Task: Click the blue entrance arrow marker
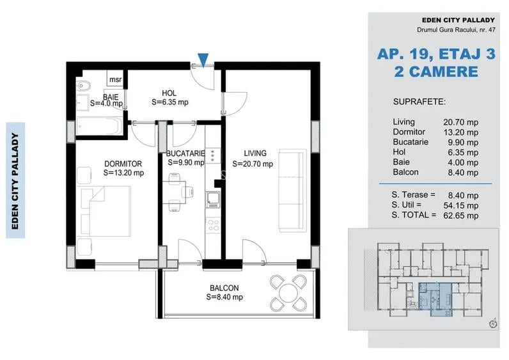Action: coord(203,60)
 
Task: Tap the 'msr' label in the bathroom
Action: coord(115,79)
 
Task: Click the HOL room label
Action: coord(169,93)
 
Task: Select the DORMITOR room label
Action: coord(123,164)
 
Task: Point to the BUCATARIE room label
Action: coord(185,154)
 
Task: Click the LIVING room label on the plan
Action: coord(254,153)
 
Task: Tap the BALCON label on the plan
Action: coord(224,288)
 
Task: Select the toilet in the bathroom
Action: coord(83,86)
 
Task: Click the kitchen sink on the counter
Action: coord(212,200)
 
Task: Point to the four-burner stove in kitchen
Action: coord(212,224)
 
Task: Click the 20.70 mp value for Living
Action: coord(460,121)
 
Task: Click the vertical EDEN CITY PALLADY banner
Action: coord(15,180)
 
